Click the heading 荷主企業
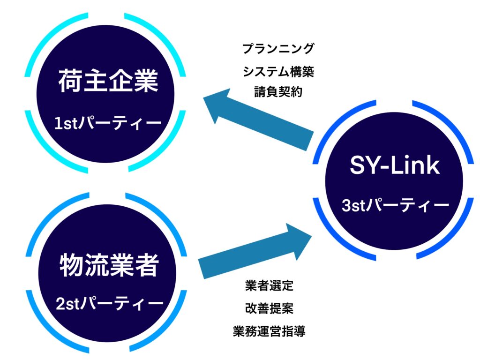[x=108, y=81]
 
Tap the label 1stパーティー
[x=108, y=123]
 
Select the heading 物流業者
[x=109, y=265]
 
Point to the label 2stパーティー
[x=109, y=303]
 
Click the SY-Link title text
[x=395, y=165]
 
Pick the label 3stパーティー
[x=395, y=205]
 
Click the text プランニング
[x=278, y=48]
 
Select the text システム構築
[x=278, y=72]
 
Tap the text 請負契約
[x=278, y=92]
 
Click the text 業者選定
[x=269, y=285]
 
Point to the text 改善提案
[x=269, y=308]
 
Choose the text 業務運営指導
[x=269, y=331]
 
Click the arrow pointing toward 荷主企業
[x=259, y=120]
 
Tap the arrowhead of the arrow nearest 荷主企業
[x=217, y=105]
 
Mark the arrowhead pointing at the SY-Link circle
[x=299, y=240]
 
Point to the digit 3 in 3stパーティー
[x=346, y=205]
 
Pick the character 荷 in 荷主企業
[x=70, y=81]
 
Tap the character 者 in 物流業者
[x=147, y=265]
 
